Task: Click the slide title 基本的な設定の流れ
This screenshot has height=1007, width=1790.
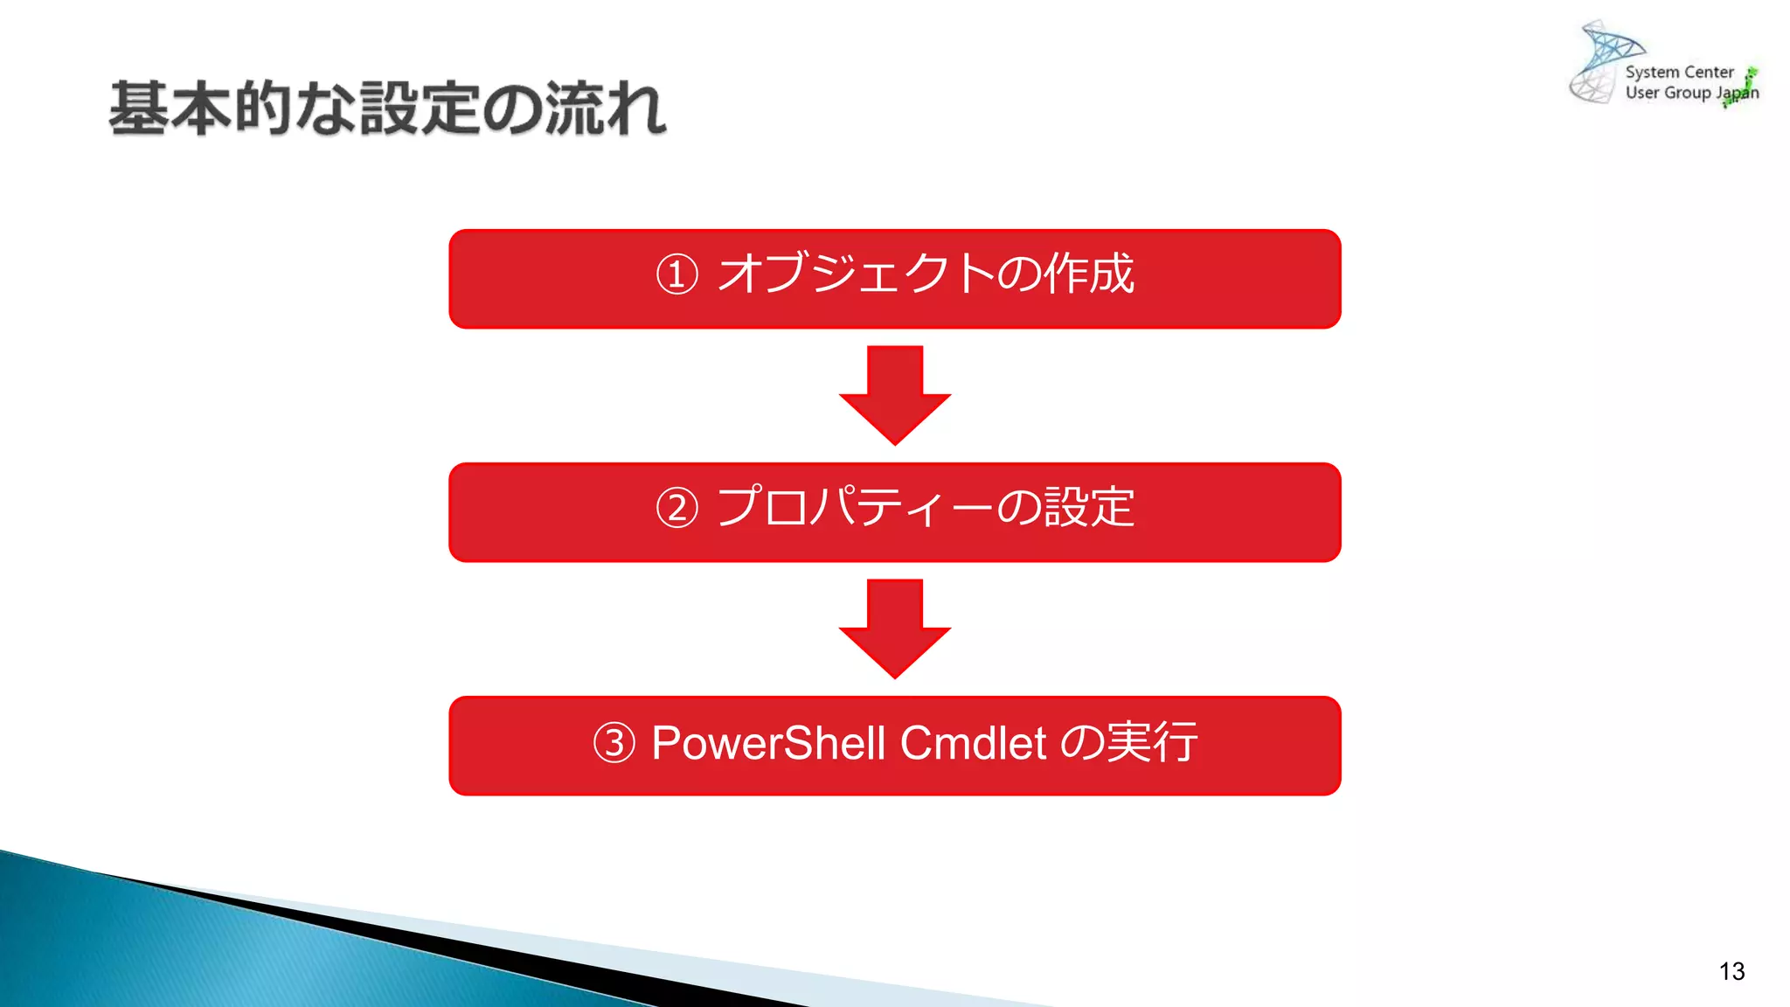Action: pos(388,108)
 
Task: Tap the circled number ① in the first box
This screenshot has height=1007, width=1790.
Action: pos(677,274)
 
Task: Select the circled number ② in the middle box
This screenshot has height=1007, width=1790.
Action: pos(677,508)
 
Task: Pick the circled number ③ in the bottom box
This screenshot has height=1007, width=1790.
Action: pos(614,743)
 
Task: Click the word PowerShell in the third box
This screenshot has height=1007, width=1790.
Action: pos(769,743)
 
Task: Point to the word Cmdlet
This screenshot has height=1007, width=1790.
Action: pos(973,743)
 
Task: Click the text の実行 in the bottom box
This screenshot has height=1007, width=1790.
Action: pos(1128,742)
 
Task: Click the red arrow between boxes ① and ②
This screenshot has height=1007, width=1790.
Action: pos(895,393)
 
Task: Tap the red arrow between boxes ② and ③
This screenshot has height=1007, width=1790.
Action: pos(895,627)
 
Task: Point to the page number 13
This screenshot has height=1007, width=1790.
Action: pos(1731,971)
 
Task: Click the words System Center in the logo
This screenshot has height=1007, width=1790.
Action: pos(1679,72)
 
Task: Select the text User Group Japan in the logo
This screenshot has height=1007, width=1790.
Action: pos(1690,93)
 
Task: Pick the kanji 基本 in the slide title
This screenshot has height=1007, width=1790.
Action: pos(170,108)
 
